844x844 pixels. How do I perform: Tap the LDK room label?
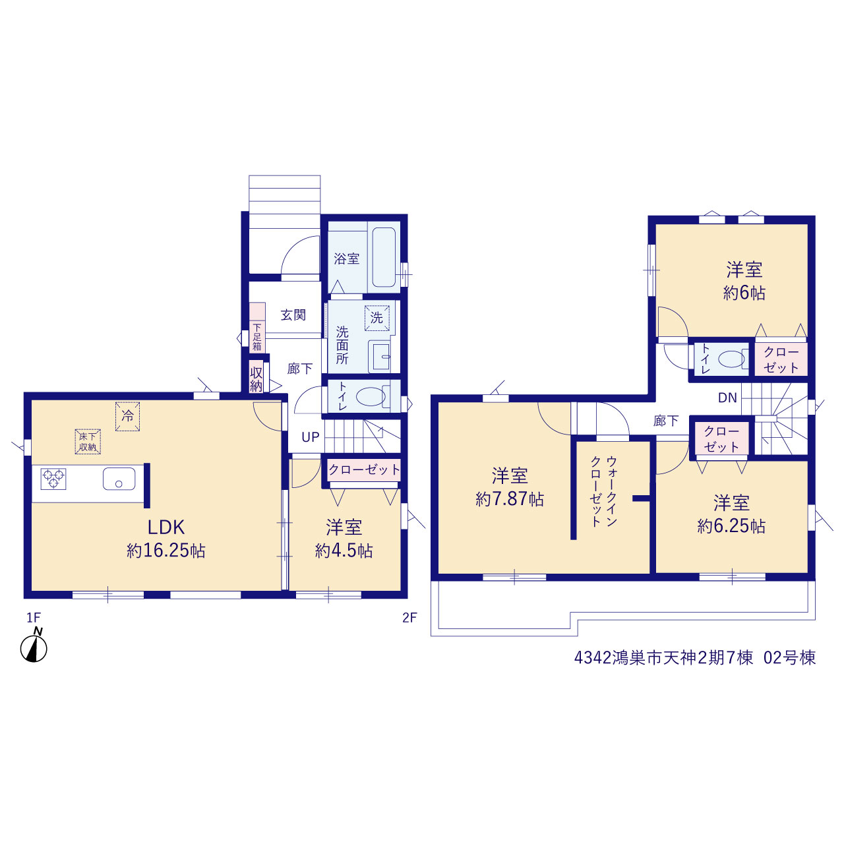coord(166,527)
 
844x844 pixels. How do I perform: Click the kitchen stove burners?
coord(53,478)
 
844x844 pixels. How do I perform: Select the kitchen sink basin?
coord(119,478)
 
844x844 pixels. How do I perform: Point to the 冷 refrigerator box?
coord(127,416)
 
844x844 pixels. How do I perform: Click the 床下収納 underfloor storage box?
coord(88,442)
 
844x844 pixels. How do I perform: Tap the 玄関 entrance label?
coord(293,315)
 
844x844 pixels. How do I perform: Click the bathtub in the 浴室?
coord(384,256)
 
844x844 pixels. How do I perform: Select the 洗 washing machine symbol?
coord(377,318)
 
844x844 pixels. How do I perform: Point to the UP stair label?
coord(311,437)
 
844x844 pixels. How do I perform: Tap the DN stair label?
coord(727,398)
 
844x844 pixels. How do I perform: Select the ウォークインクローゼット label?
coord(604,491)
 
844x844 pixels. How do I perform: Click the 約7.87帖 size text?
coord(510,499)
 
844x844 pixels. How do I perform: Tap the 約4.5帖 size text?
coord(344,551)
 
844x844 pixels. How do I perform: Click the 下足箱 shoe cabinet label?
coord(257,337)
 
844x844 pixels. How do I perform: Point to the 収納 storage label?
coord(256,379)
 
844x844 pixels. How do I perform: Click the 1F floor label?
coord(34,618)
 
